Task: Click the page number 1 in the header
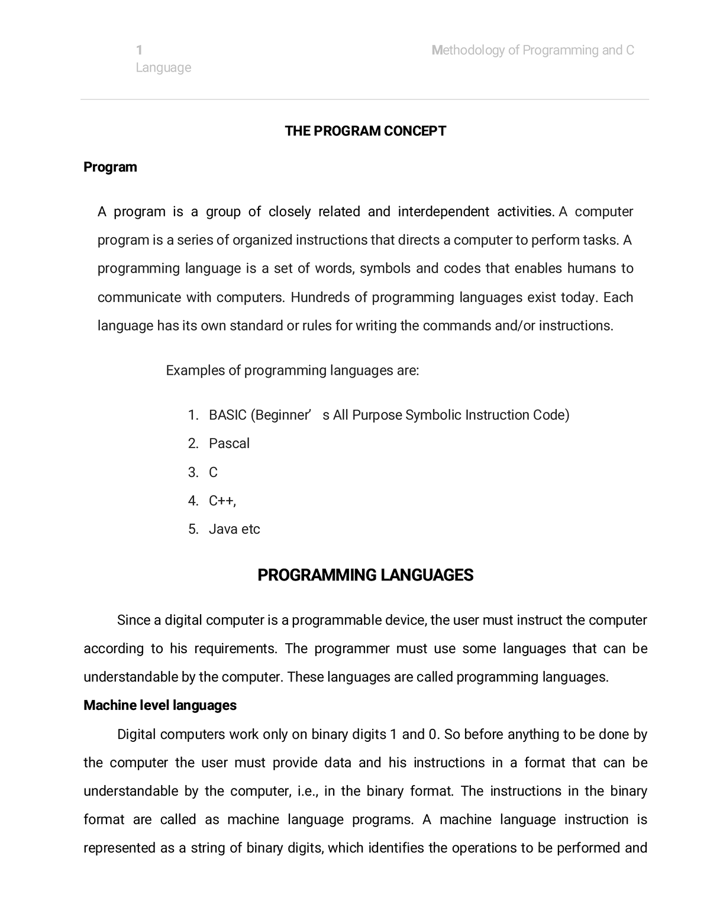(x=138, y=50)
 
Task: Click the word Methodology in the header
(x=467, y=50)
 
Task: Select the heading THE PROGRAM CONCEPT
(x=365, y=131)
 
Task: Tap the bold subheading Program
(x=110, y=167)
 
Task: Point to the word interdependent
(x=443, y=212)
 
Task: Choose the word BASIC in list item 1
(x=227, y=415)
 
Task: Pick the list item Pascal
(x=229, y=443)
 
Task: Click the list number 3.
(x=193, y=472)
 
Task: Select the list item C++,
(x=222, y=501)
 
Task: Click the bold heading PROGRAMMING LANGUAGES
(x=365, y=575)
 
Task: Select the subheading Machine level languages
(x=160, y=705)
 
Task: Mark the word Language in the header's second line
(x=163, y=68)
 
